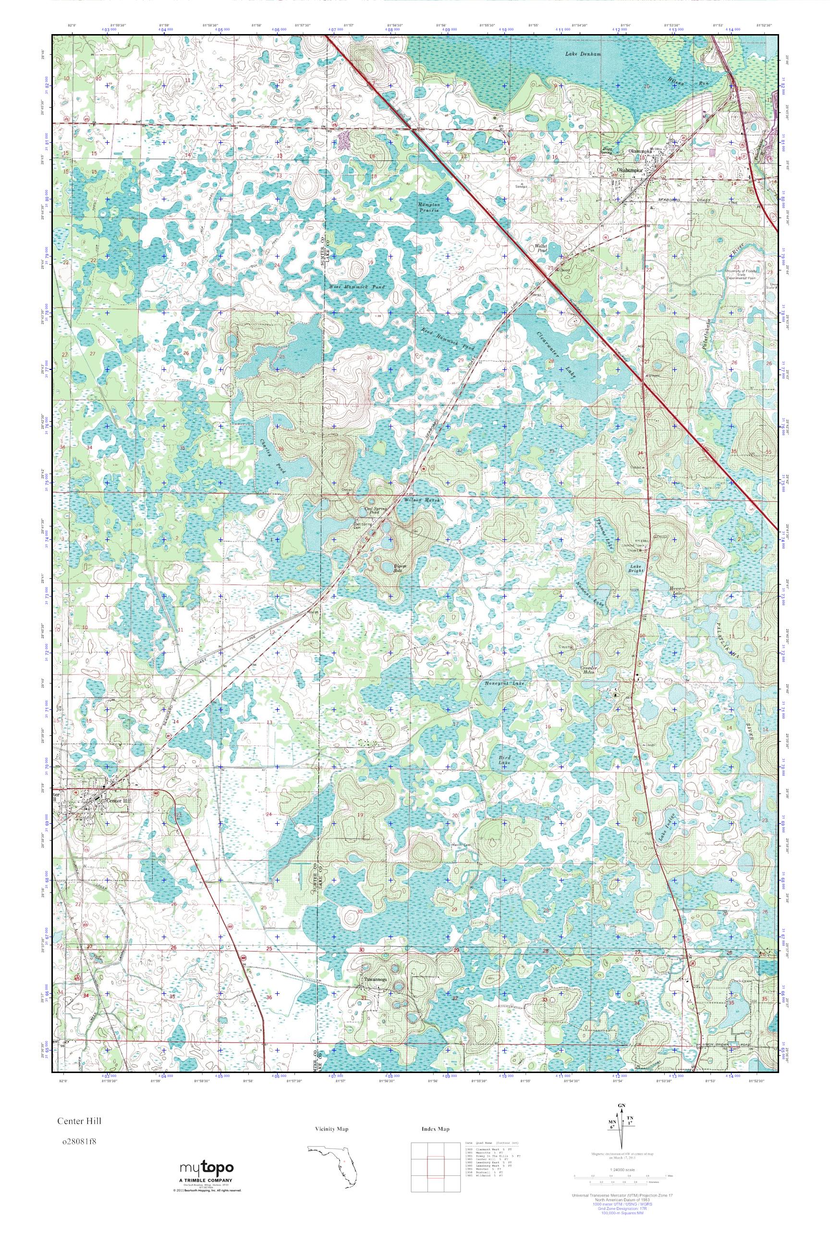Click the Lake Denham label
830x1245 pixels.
pyautogui.click(x=583, y=55)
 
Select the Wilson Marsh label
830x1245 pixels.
pyautogui.click(x=422, y=500)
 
